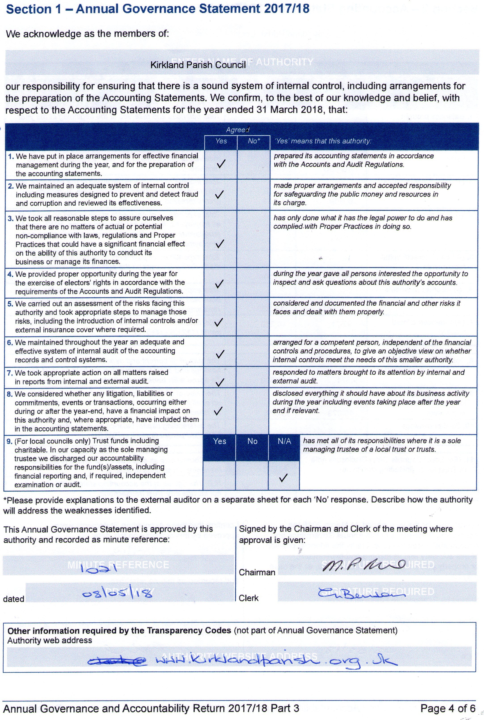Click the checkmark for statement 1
tap(221, 164)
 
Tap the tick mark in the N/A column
tap(283, 477)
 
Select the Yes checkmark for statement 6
tap(220, 354)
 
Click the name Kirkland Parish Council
tap(198, 65)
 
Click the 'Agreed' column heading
tap(237, 130)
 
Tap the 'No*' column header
tap(254, 141)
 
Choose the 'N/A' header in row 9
tap(284, 441)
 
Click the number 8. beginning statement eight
tap(10, 394)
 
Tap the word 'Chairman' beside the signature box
tap(257, 572)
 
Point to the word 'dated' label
tap(14, 599)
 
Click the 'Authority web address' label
tap(50, 640)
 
